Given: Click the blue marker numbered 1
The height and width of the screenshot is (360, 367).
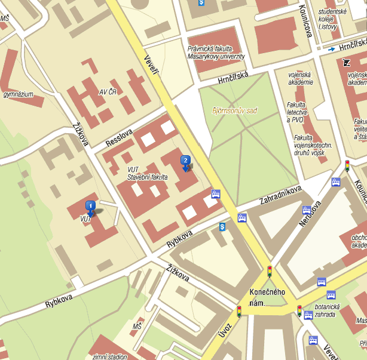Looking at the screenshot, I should tap(90, 207).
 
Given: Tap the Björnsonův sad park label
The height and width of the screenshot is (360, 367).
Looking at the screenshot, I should tap(234, 110).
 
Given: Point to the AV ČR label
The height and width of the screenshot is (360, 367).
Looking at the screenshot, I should tap(109, 92).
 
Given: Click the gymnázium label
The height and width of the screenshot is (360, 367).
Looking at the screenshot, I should tap(18, 94).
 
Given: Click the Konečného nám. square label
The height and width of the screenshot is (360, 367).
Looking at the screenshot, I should tap(267, 297).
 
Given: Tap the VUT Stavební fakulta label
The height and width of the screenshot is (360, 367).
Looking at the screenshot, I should tap(147, 174).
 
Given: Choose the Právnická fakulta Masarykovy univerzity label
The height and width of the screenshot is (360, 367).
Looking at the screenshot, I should tap(216, 53).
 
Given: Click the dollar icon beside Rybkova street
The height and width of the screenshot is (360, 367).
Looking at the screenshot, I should tap(222, 227).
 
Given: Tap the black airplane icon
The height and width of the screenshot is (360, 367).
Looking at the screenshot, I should tap(347, 62).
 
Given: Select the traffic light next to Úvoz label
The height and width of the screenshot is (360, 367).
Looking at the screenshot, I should tap(239, 311).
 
